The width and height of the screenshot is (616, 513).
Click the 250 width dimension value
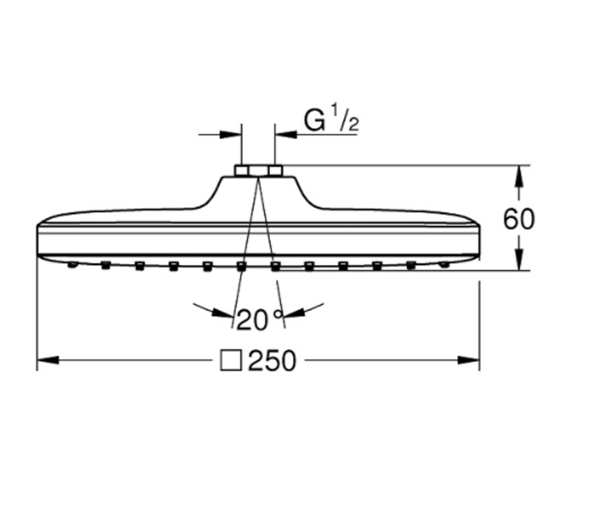(x=272, y=360)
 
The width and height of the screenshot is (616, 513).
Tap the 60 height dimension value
(x=518, y=219)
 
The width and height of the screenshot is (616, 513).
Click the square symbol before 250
(x=232, y=360)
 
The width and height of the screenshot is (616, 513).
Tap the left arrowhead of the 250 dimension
(x=48, y=360)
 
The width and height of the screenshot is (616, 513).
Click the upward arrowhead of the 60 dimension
(x=519, y=176)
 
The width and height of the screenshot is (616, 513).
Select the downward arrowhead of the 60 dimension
(x=519, y=260)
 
